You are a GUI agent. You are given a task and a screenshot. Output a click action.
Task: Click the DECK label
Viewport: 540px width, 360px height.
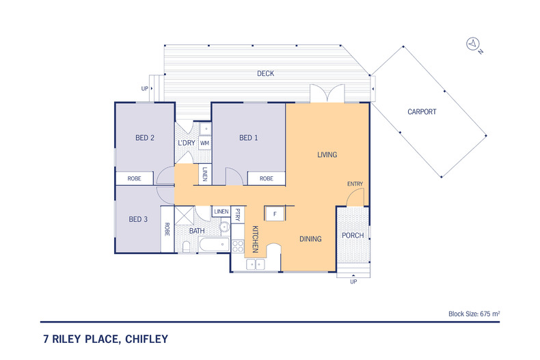pyautogui.click(x=265, y=73)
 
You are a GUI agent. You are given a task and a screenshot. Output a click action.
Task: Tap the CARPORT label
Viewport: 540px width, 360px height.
pyautogui.click(x=422, y=111)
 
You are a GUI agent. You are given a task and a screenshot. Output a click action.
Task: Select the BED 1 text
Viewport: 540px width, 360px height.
pyautogui.click(x=248, y=138)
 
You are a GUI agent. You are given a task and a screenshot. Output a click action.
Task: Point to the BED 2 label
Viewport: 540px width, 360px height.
pyautogui.click(x=144, y=138)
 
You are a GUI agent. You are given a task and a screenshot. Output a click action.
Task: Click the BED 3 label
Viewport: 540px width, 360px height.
pyautogui.click(x=138, y=219)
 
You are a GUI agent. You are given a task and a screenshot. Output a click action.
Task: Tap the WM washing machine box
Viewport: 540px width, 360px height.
pyautogui.click(x=204, y=143)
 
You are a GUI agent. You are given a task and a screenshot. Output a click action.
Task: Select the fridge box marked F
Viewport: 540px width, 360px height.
pyautogui.click(x=274, y=214)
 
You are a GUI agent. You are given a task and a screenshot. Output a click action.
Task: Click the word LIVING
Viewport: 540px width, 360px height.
pyautogui.click(x=327, y=155)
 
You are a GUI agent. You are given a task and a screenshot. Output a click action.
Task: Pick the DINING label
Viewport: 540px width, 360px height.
pyautogui.click(x=312, y=238)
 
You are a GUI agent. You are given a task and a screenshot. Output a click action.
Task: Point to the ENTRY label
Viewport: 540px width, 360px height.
pyautogui.click(x=355, y=184)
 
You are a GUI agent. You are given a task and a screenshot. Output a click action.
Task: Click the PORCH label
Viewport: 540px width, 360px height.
pyautogui.click(x=353, y=236)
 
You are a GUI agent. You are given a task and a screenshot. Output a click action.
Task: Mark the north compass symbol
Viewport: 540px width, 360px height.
pyautogui.click(x=472, y=44)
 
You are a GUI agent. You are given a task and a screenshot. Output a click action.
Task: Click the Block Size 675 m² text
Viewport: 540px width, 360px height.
pyautogui.click(x=474, y=314)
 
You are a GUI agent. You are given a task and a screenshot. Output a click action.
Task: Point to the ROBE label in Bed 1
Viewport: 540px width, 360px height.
pyautogui.click(x=266, y=178)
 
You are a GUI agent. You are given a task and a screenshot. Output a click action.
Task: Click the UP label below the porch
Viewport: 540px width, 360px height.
pyautogui.click(x=353, y=281)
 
